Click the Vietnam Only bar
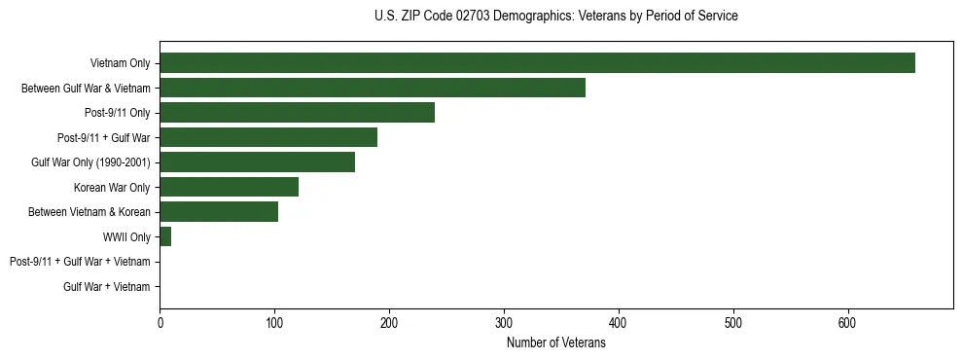[537, 63]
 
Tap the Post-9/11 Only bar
[297, 113]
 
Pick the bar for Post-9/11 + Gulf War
[268, 137]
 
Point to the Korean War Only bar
[229, 187]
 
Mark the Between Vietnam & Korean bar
[219, 212]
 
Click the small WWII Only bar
[165, 236]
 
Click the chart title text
[555, 17]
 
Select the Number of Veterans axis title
[555, 343]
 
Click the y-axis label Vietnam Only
[120, 63]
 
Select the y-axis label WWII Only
[126, 236]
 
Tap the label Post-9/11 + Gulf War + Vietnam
[80, 262]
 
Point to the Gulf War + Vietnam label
[107, 286]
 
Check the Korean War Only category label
[112, 187]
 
